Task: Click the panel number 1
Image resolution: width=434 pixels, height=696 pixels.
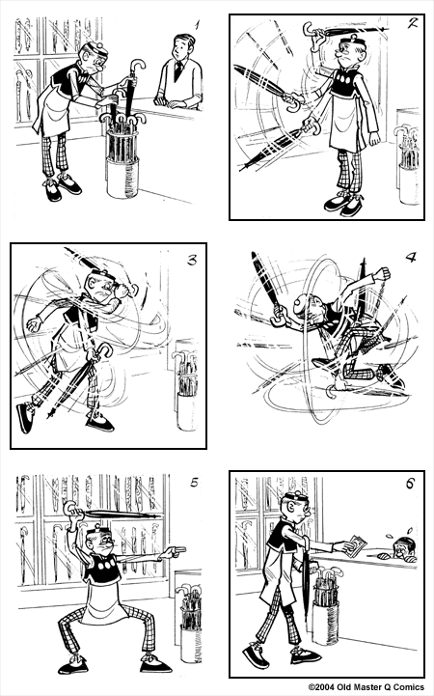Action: coord(196,26)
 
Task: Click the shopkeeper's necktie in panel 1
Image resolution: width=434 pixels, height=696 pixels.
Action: coord(178,70)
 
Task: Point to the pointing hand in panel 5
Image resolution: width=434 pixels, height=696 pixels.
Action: coord(174,551)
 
